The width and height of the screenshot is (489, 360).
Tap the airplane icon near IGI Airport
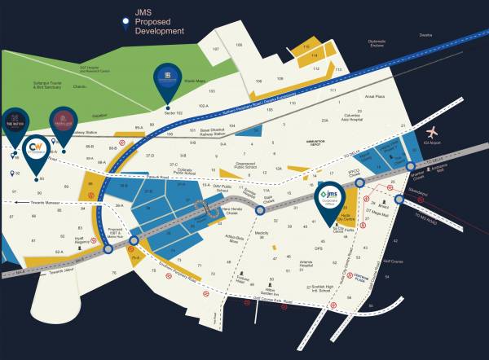[x=431, y=132]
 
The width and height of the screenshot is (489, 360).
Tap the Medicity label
[x=261, y=233]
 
